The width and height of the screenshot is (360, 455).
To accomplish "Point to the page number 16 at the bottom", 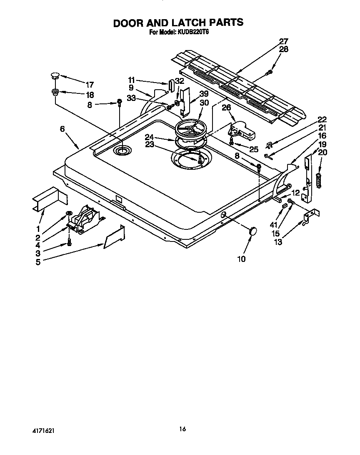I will tap(182, 428).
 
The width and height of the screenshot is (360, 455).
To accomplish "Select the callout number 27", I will tap(283, 41).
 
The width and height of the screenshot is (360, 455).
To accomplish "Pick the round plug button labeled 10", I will tap(252, 231).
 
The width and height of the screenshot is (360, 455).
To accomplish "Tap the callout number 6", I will tap(62, 129).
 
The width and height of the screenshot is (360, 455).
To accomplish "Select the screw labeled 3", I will tap(70, 242).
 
